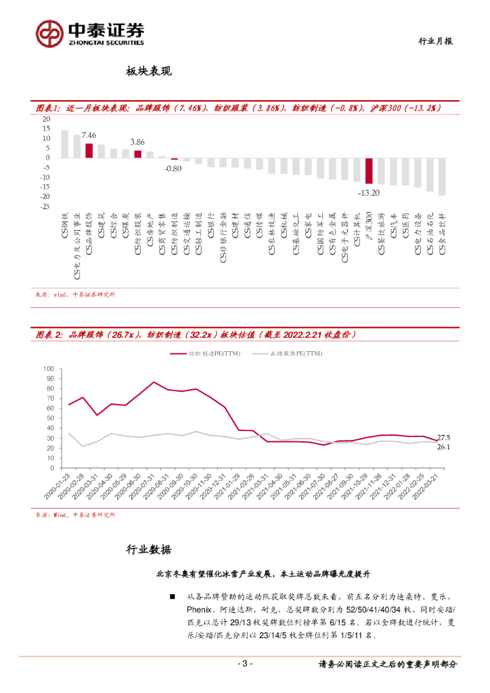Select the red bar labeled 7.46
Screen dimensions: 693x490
coord(89,150)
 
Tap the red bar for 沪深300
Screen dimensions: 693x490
coord(369,171)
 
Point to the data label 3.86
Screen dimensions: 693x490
coord(137,142)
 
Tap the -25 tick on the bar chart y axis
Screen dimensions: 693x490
coord(47,206)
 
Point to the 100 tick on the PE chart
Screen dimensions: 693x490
coord(48,369)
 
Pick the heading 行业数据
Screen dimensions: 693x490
coord(150,549)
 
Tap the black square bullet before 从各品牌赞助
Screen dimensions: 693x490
coord(174,596)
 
